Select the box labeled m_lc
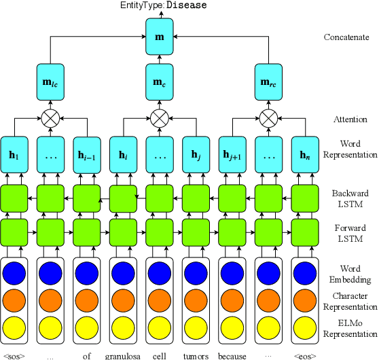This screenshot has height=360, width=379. click(50, 83)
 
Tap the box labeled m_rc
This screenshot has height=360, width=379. click(268, 83)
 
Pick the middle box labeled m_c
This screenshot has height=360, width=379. click(160, 83)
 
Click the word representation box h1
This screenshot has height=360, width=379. click(14, 154)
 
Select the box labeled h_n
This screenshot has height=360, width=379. click(305, 154)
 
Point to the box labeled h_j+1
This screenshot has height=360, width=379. click(232, 154)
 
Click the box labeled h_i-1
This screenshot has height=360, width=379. click(86, 154)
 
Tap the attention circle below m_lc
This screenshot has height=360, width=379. click(50, 118)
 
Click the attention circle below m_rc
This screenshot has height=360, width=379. click(268, 118)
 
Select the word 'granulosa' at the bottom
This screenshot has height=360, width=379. click(123, 355)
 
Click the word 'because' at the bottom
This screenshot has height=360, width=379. click(232, 355)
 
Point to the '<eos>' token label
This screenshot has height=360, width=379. click(305, 355)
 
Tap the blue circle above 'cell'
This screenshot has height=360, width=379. click(160, 272)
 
